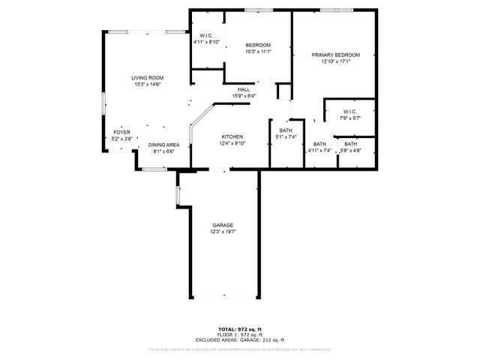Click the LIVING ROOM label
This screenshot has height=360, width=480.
[148, 78]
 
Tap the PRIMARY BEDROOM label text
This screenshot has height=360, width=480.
[336, 55]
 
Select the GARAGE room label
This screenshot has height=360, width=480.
[223, 225]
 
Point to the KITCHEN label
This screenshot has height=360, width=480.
[232, 136]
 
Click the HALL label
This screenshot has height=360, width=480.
[244, 89]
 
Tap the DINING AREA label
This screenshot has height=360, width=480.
[163, 145]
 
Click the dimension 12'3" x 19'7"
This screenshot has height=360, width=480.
[223, 232]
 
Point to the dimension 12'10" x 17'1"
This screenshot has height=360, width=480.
[336, 62]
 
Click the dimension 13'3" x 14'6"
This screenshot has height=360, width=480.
[148, 85]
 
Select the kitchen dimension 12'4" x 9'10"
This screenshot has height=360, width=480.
[232, 143]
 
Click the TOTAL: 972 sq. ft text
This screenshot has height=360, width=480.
[240, 328]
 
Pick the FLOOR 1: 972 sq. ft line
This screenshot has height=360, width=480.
[240, 334]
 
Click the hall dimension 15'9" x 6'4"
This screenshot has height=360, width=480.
[244, 96]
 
